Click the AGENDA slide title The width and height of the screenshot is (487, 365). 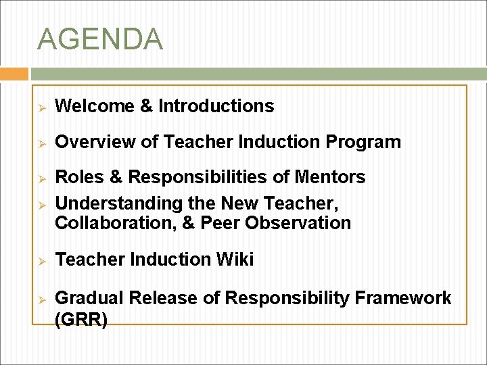100,39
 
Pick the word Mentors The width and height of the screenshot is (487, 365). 330,177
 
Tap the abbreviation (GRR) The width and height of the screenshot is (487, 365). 80,320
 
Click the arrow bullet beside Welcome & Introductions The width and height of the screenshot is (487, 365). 41,107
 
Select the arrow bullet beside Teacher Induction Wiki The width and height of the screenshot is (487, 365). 41,260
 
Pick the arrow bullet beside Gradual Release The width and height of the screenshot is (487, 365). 41,299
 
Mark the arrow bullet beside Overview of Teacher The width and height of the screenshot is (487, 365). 41,143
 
